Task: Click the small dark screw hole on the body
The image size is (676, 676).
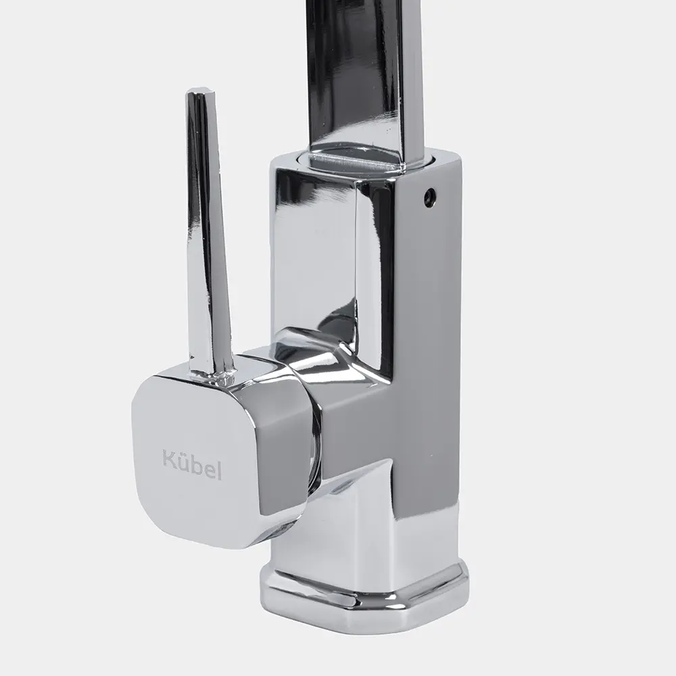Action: tap(429, 194)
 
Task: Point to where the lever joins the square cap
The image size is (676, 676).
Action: tap(213, 376)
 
